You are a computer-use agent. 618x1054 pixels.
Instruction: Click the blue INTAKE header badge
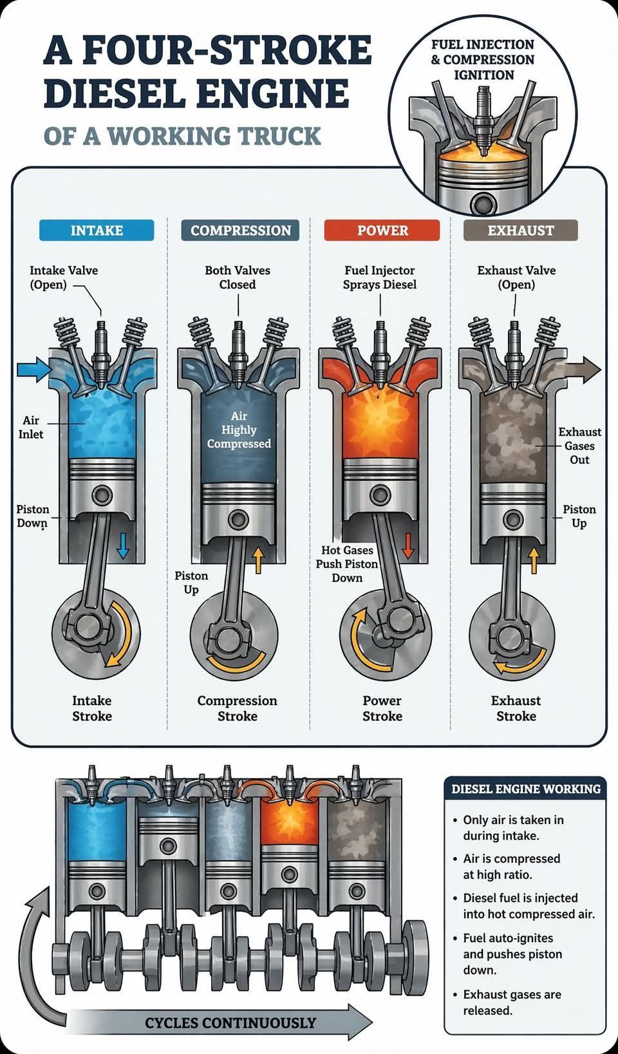click(97, 230)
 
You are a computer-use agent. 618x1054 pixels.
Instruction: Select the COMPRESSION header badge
click(240, 230)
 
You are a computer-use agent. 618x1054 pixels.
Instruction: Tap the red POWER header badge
click(382, 230)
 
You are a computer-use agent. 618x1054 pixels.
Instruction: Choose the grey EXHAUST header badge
click(521, 230)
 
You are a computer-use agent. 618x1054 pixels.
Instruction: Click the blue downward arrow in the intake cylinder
click(122, 546)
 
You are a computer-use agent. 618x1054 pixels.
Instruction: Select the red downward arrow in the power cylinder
click(407, 546)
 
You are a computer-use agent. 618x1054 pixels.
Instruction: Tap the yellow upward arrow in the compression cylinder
click(257, 560)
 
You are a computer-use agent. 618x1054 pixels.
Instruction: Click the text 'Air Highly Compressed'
click(239, 429)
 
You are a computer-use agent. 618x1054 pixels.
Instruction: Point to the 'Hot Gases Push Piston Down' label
click(347, 564)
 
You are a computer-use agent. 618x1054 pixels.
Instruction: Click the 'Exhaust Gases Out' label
click(579, 446)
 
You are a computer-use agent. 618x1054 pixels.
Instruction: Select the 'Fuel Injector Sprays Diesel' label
click(380, 277)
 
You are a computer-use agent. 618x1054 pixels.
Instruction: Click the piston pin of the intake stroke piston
click(102, 494)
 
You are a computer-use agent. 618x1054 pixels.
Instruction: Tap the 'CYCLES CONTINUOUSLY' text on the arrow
click(230, 1022)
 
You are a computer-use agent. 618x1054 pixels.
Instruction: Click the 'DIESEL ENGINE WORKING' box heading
click(526, 789)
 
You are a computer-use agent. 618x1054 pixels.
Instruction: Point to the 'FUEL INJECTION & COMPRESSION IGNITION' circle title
click(483, 60)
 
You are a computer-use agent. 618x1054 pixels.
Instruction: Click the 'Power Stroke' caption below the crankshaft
click(382, 708)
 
